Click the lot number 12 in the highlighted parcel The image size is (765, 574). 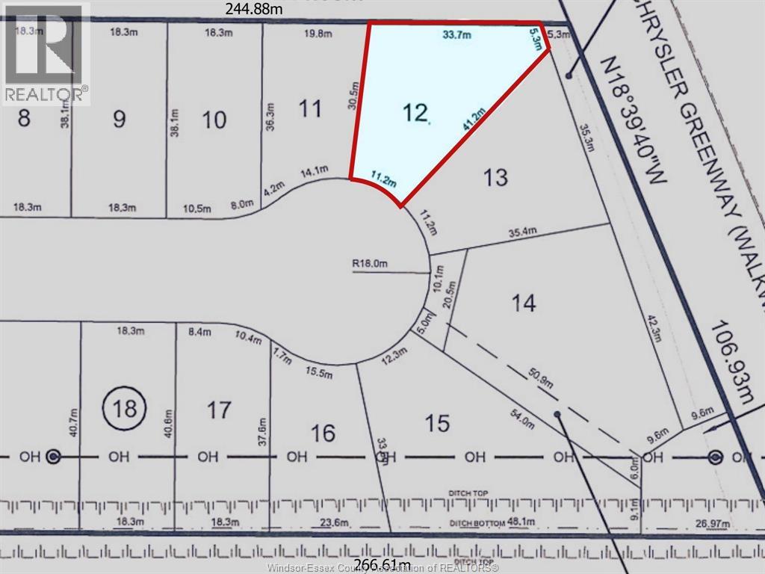pos(415,113)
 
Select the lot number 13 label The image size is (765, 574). pos(495,177)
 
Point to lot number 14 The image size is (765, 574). pos(523,303)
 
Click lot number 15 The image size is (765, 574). pos(437,424)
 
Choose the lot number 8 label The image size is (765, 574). pos(24,118)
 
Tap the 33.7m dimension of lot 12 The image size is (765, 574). pos(456,34)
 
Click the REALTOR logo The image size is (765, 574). pos(45,52)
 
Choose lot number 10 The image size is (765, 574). pos(214,120)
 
